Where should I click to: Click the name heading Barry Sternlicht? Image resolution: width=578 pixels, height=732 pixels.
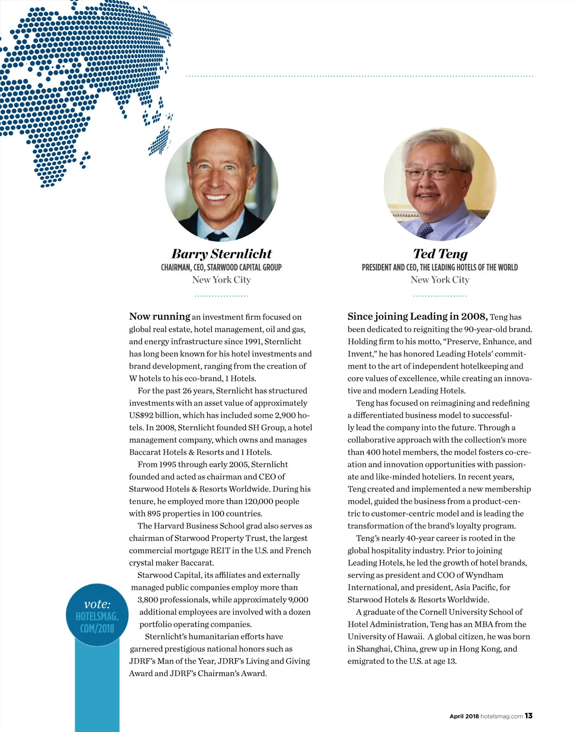222,254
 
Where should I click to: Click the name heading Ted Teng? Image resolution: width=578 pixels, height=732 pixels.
440,254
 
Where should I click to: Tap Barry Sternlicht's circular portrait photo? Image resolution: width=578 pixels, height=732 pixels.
222,184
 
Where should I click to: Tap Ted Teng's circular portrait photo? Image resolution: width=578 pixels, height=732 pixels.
440,184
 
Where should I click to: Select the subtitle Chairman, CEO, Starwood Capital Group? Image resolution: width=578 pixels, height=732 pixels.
221,267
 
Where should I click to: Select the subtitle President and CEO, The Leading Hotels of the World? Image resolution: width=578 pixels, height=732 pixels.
440,267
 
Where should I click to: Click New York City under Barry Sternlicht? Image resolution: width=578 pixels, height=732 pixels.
221,280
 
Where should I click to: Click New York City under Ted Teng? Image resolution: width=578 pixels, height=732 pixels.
440,280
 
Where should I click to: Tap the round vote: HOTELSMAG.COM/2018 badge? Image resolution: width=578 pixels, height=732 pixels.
97,615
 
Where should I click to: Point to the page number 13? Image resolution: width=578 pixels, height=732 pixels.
528,716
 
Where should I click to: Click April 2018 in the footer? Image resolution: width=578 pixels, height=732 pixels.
464,717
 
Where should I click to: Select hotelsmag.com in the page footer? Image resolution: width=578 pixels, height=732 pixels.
501,717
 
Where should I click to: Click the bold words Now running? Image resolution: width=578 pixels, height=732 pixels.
159,316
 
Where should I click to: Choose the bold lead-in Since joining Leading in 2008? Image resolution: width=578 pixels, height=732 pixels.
417,316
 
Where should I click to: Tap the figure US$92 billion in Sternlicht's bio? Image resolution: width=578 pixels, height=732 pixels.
154,415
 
